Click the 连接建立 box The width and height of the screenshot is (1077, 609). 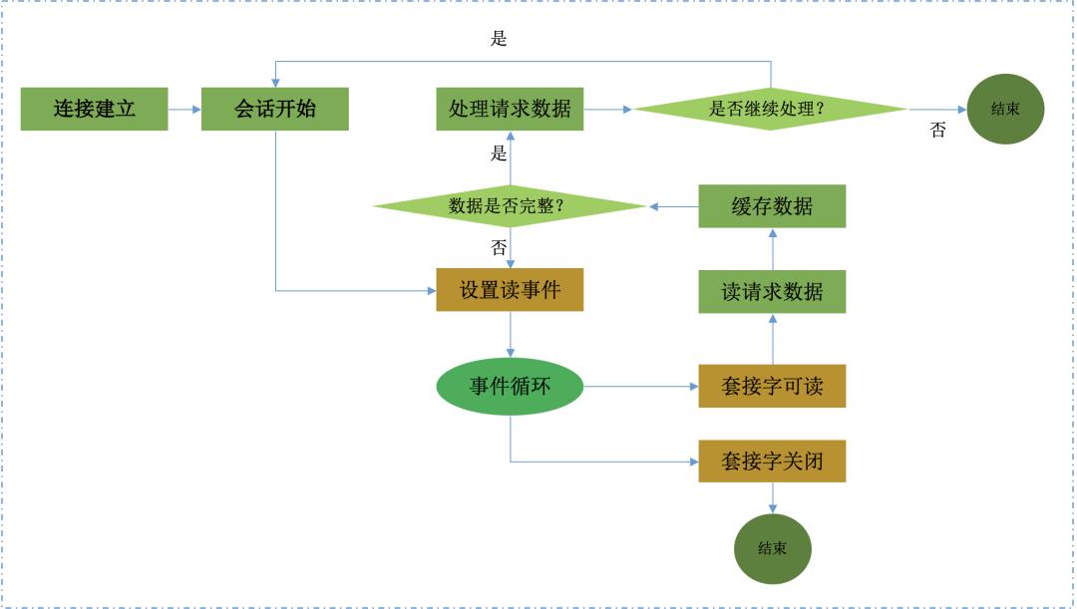(x=95, y=109)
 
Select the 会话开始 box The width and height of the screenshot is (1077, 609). (x=275, y=109)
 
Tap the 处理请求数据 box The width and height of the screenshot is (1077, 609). (x=510, y=109)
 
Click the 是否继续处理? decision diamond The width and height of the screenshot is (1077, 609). (x=770, y=109)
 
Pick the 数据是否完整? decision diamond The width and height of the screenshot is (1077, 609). (x=510, y=206)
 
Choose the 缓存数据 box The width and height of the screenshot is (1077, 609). (x=772, y=206)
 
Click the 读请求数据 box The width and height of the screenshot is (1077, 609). (x=772, y=291)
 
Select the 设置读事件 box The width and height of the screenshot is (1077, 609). (x=510, y=291)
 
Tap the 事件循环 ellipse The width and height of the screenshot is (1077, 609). (x=510, y=386)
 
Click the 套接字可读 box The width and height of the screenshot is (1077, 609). (x=772, y=386)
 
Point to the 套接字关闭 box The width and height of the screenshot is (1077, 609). (x=772, y=462)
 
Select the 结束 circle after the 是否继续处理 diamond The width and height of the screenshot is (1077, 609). (x=1004, y=109)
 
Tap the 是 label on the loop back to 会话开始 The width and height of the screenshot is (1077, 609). (x=500, y=40)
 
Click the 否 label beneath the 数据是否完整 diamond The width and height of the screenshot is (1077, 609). (x=499, y=246)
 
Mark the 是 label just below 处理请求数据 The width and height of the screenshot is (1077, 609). (x=499, y=154)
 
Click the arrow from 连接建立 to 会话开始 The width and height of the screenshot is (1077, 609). (x=184, y=109)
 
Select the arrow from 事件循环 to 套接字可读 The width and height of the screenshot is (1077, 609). (x=638, y=386)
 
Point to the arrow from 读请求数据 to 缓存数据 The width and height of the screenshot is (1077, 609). (x=772, y=249)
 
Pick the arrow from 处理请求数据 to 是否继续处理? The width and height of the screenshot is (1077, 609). (x=608, y=109)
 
